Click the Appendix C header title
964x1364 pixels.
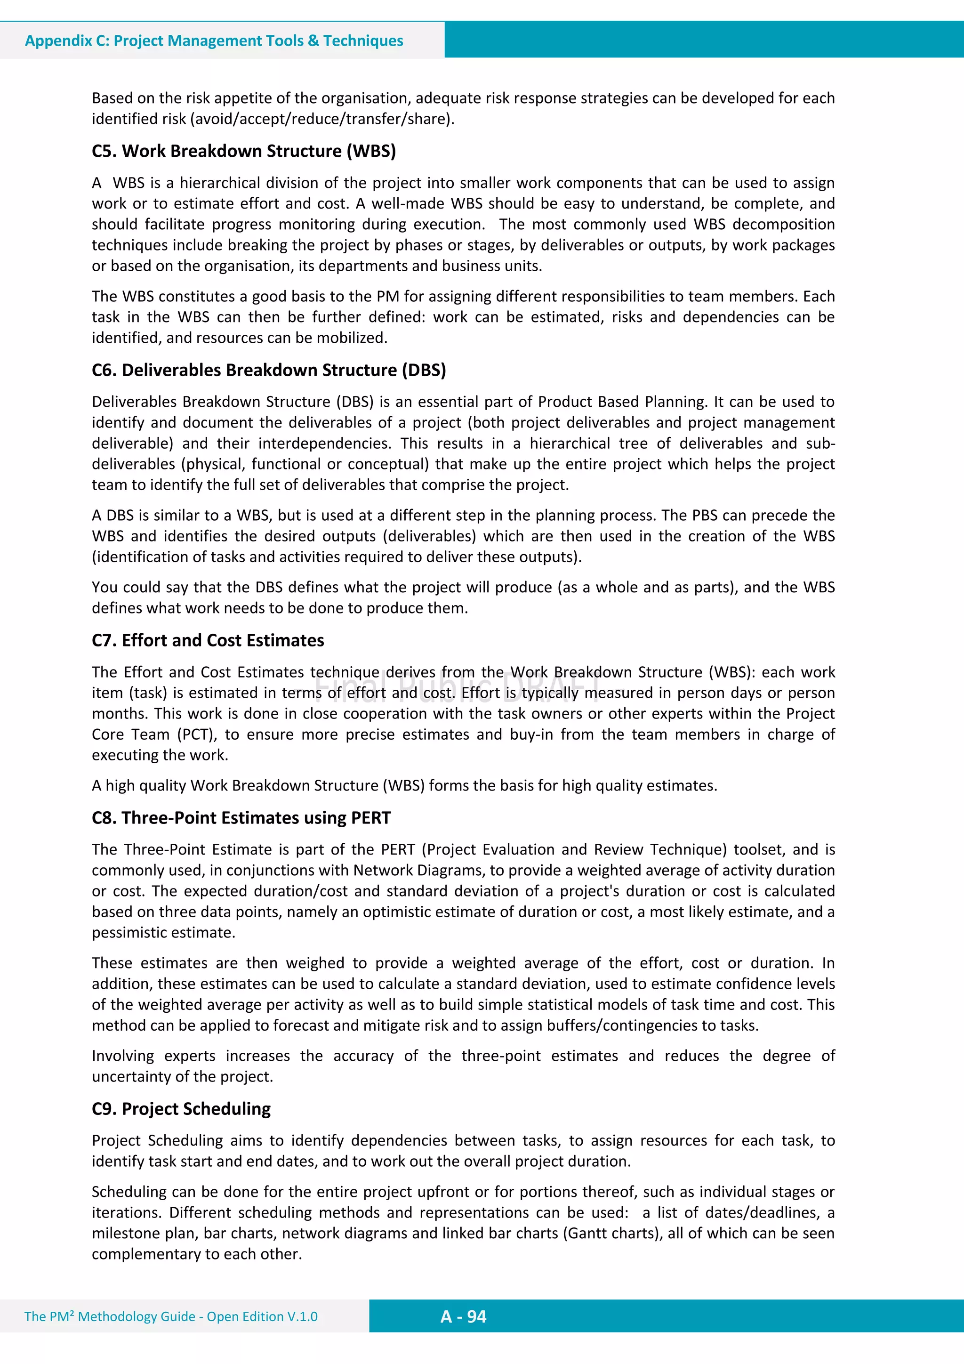click(x=214, y=40)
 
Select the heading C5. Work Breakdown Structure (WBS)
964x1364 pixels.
click(x=243, y=151)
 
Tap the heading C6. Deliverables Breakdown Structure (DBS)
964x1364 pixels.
click(x=268, y=370)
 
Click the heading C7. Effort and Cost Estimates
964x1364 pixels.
click(x=208, y=640)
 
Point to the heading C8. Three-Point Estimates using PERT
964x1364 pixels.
click(x=241, y=818)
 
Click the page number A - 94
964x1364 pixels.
click(x=463, y=1316)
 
